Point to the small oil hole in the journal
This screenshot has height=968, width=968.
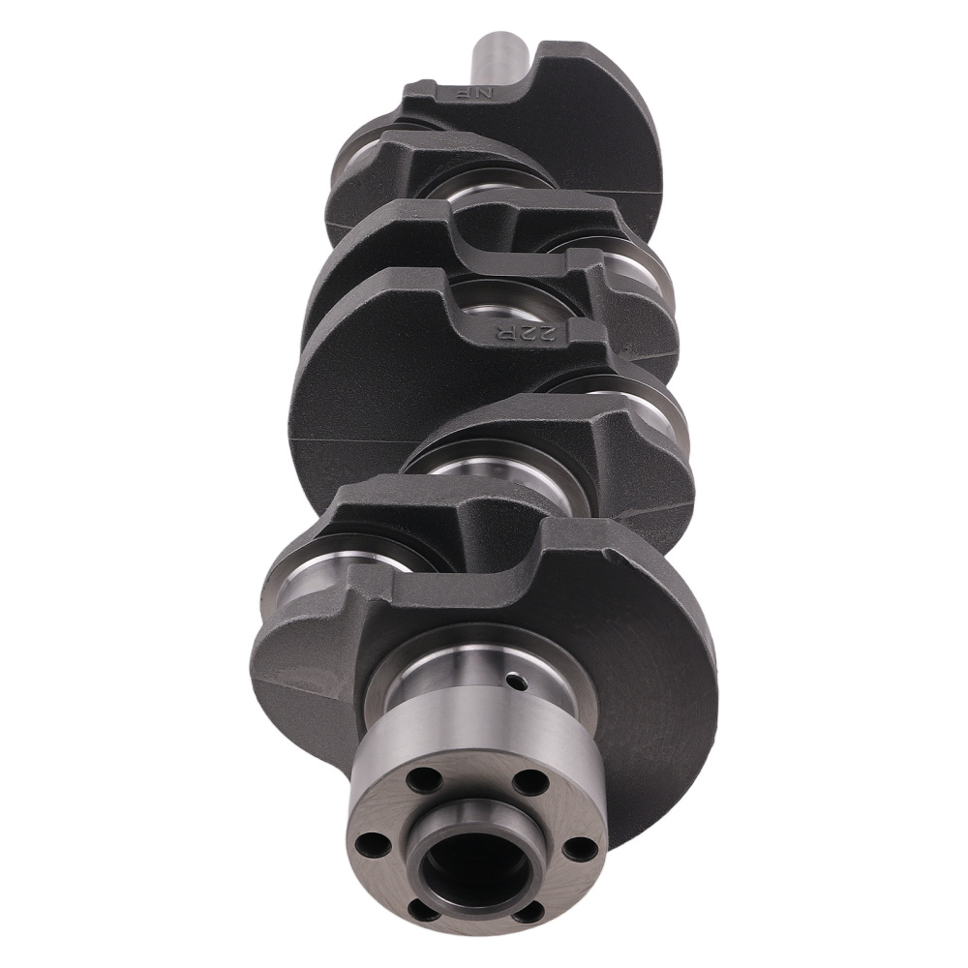521,683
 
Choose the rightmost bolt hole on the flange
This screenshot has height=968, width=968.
579,848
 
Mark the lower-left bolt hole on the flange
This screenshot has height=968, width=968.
422,907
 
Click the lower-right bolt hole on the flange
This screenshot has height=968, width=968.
528,910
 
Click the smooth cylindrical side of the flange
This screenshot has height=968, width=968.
465,745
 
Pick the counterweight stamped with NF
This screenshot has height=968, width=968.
581,126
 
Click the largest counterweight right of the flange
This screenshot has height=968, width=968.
658,697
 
